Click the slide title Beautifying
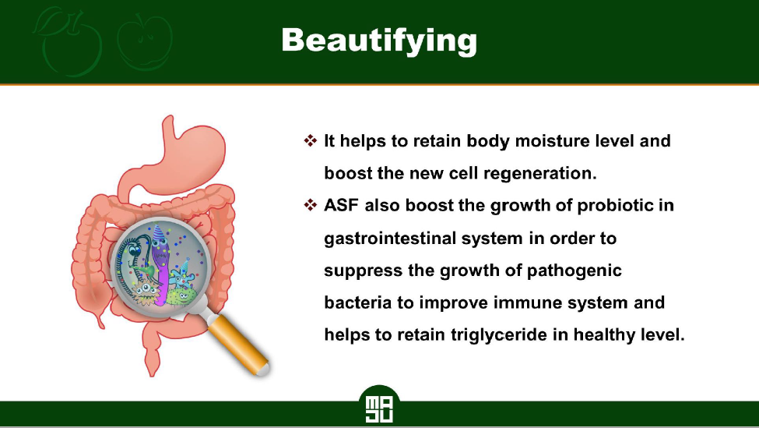(379, 41)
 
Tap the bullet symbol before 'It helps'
(311, 140)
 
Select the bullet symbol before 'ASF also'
(311, 205)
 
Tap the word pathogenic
(574, 271)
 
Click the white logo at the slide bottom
(379, 409)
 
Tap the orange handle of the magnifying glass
(239, 344)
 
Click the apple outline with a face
(145, 43)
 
